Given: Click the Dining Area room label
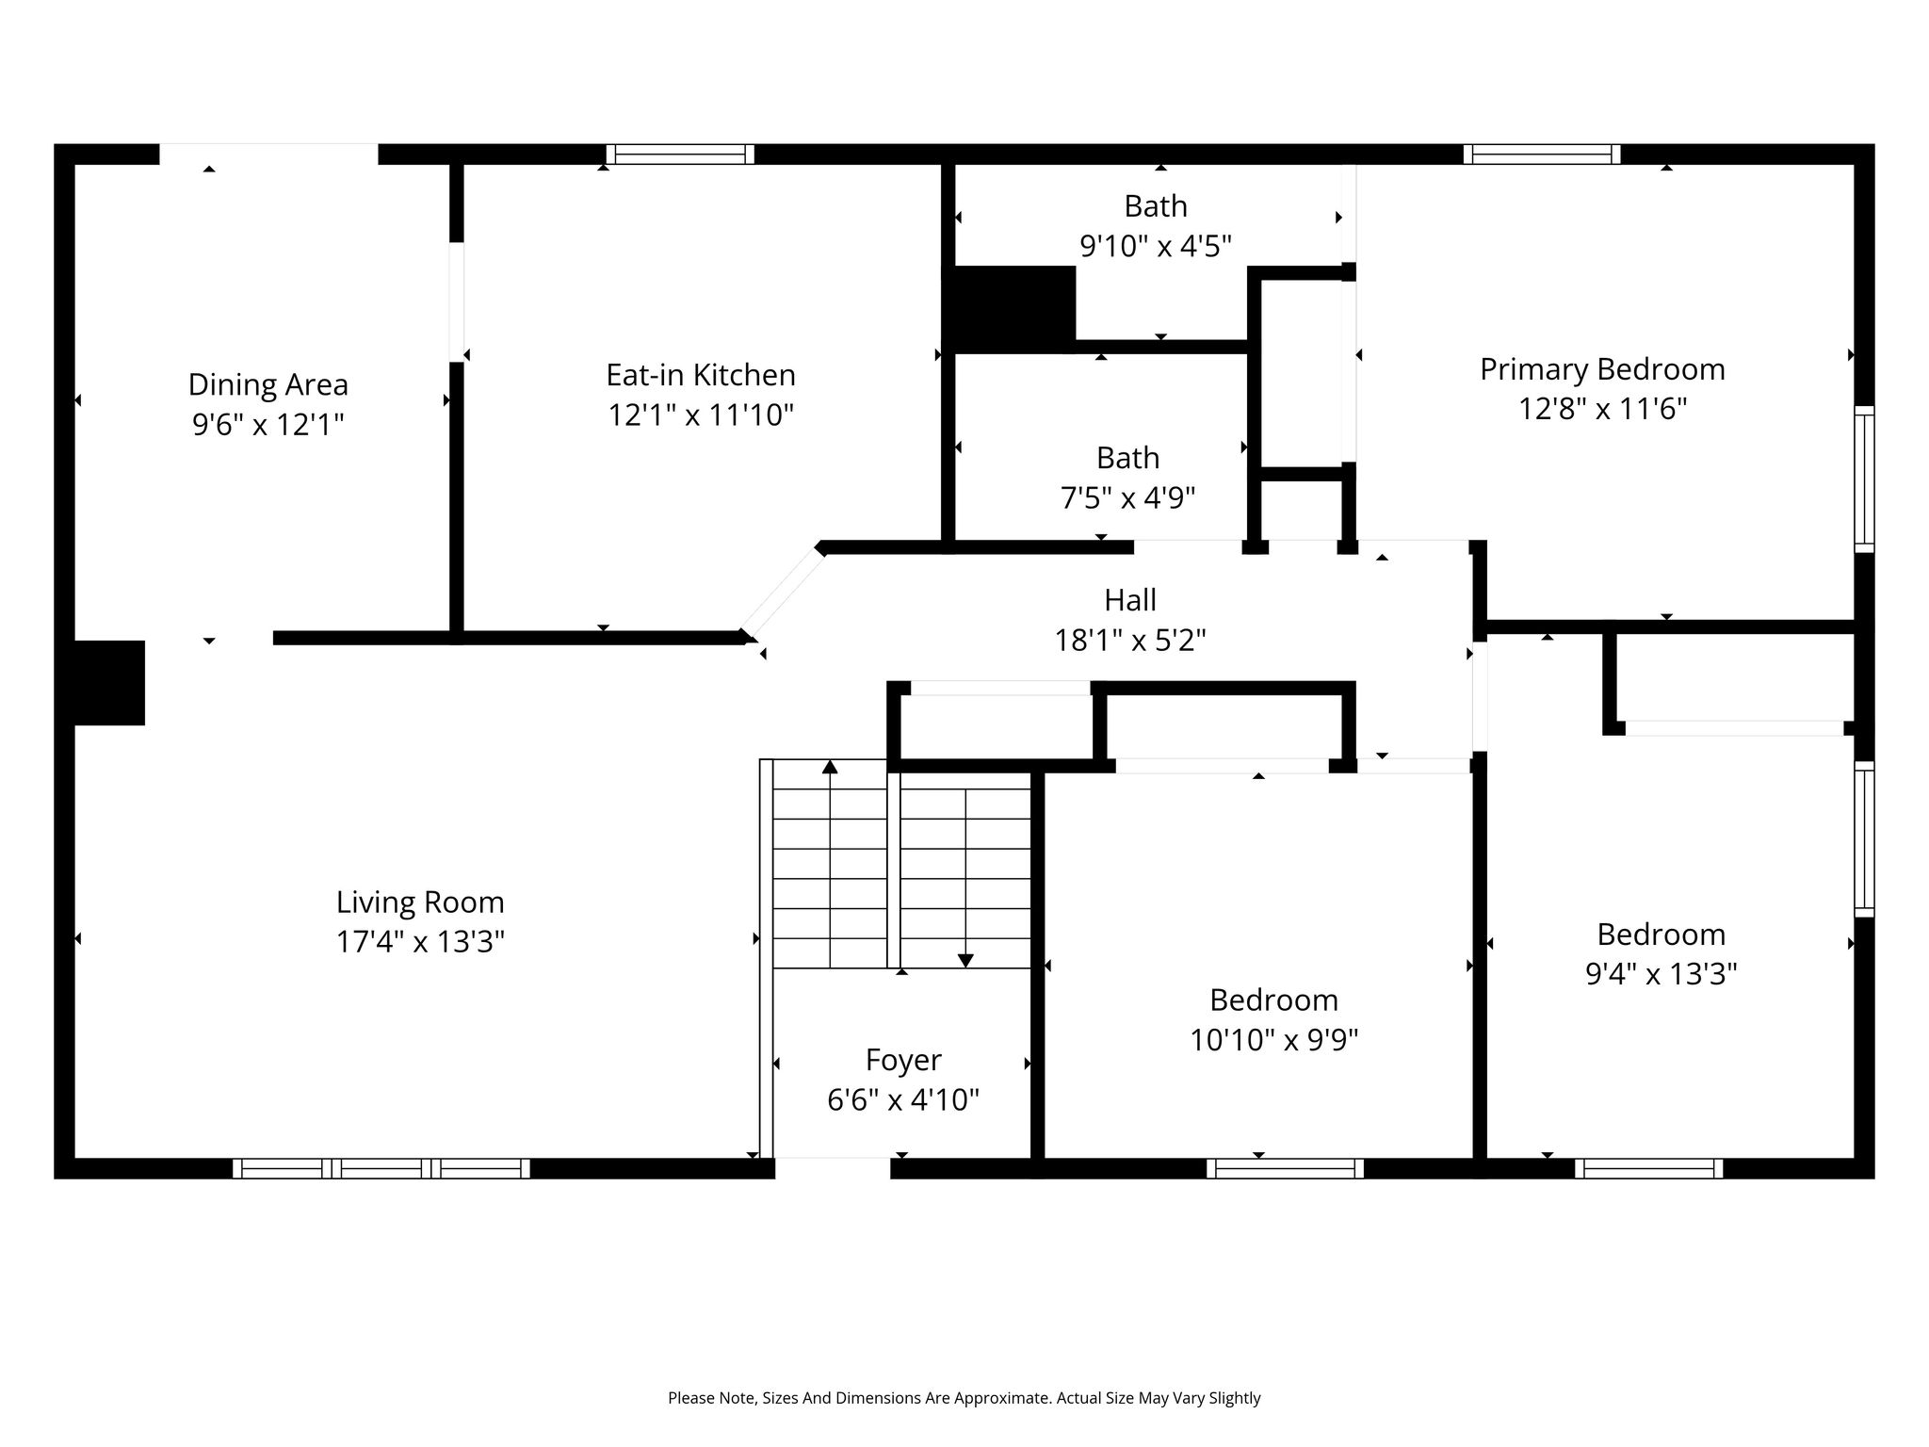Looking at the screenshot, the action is pyautogui.click(x=268, y=384).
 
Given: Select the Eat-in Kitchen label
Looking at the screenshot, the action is pyautogui.click(x=701, y=375).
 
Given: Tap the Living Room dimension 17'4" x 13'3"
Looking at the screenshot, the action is pyautogui.click(x=420, y=941).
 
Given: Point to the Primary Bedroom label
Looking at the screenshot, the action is pyautogui.click(x=1602, y=369).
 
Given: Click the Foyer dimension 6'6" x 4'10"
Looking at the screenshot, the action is pyautogui.click(x=903, y=1099).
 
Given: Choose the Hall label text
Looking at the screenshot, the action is pyautogui.click(x=1130, y=600).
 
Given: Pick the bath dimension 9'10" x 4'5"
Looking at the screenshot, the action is pyautogui.click(x=1156, y=246).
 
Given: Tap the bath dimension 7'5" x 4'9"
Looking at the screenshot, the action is pyautogui.click(x=1127, y=497).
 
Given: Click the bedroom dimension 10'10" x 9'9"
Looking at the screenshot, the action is pyautogui.click(x=1273, y=1040).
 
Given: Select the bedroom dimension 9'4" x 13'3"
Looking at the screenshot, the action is pyautogui.click(x=1662, y=973).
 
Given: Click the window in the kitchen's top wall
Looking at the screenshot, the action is pyautogui.click(x=680, y=154).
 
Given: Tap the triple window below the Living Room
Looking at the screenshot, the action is pyautogui.click(x=381, y=1168).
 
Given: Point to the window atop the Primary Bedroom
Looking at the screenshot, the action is pyautogui.click(x=1542, y=154).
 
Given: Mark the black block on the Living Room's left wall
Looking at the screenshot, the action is pyautogui.click(x=109, y=683).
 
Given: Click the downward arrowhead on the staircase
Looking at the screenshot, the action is pyautogui.click(x=965, y=961).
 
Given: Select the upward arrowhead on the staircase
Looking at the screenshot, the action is pyautogui.click(x=830, y=767).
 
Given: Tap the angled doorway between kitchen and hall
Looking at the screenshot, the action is pyautogui.click(x=783, y=593).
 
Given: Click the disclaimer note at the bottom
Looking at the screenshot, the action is pyautogui.click(x=964, y=1398).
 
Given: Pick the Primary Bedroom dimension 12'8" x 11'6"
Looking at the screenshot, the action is pyautogui.click(x=1602, y=409).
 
